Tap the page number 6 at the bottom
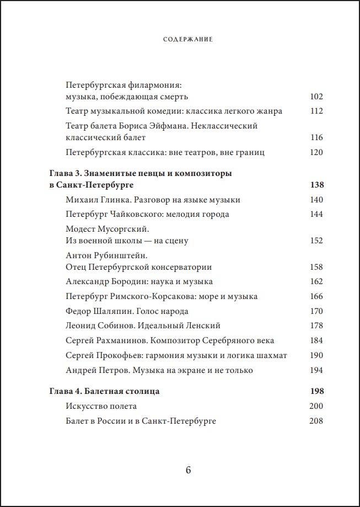(187, 470)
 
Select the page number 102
(316, 97)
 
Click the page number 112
(316, 111)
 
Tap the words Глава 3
(65, 173)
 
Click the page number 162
(316, 281)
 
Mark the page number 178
(316, 325)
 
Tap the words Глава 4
(65, 391)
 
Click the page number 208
(316, 421)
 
